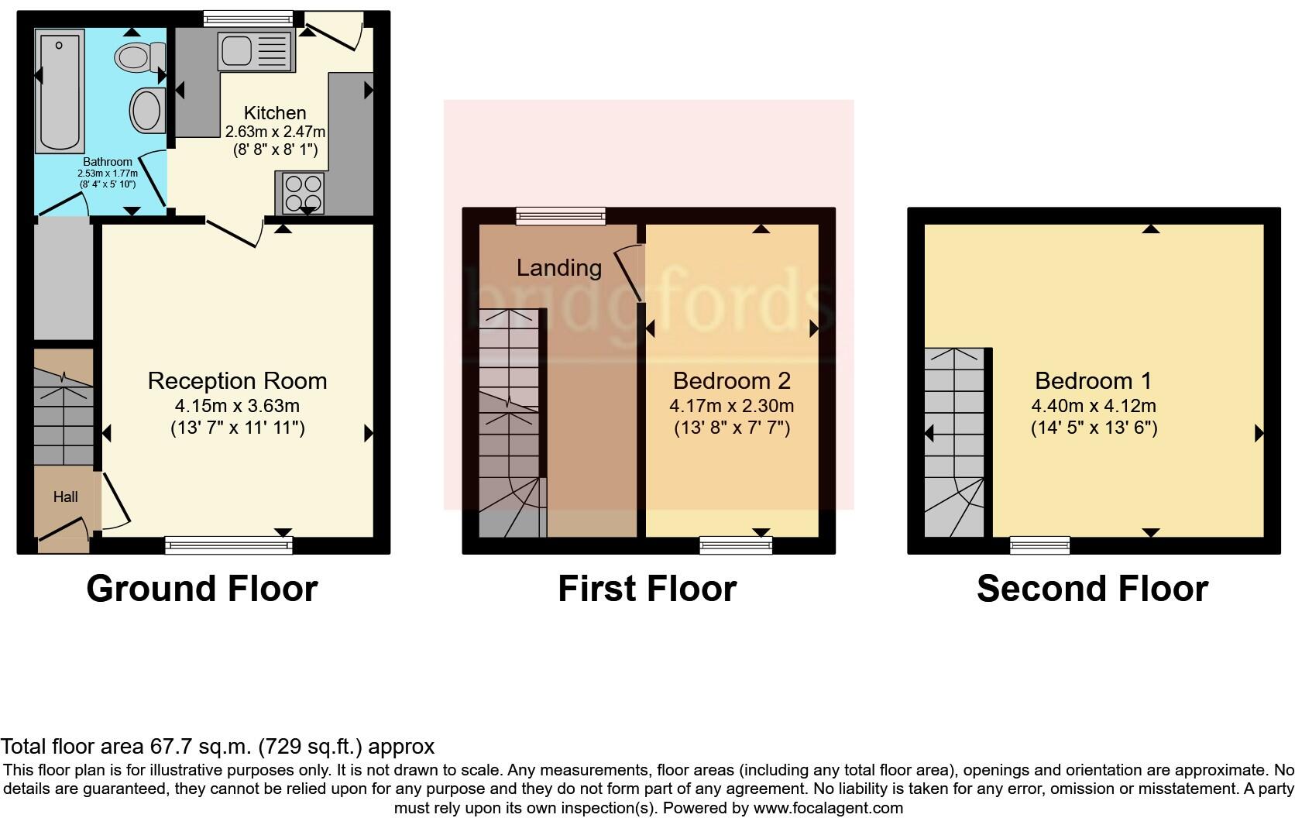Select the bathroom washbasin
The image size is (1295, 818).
pyautogui.click(x=146, y=110)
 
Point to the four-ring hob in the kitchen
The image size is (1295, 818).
pyautogui.click(x=303, y=193)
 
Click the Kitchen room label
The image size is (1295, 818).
pyautogui.click(x=275, y=113)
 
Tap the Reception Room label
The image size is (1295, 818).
pyautogui.click(x=237, y=381)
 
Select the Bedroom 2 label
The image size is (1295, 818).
pyautogui.click(x=731, y=381)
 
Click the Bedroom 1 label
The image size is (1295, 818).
pyautogui.click(x=1093, y=381)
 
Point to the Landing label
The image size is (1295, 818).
pyautogui.click(x=559, y=268)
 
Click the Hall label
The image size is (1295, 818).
pyautogui.click(x=66, y=497)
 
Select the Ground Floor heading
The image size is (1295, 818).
pyautogui.click(x=202, y=589)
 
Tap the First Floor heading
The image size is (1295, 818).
pyautogui.click(x=647, y=589)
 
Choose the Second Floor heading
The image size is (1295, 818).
pyautogui.click(x=1092, y=589)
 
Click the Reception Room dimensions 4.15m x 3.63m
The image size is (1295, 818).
pyautogui.click(x=237, y=406)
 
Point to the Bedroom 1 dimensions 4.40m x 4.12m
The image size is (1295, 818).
pyautogui.click(x=1093, y=406)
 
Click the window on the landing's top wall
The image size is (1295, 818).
pyautogui.click(x=562, y=216)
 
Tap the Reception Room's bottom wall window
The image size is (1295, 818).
pyautogui.click(x=229, y=545)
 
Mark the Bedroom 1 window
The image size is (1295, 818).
pyautogui.click(x=1040, y=545)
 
